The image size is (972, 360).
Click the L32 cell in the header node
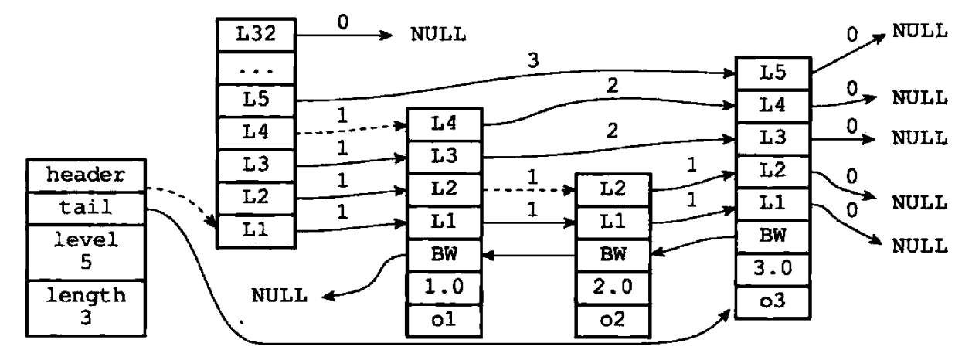coord(256,35)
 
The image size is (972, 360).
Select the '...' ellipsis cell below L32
coord(256,68)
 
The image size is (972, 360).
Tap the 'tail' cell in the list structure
coord(86,208)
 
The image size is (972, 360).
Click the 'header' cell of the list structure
coord(86,175)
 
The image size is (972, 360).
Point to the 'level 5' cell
coord(86,252)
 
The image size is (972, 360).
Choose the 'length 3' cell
coord(86,307)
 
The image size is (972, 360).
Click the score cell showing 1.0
coord(444,288)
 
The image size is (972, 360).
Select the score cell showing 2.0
coord(613,288)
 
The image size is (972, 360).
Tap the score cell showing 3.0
coord(773,270)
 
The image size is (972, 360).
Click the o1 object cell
coord(444,321)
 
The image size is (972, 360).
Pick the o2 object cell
coord(613,321)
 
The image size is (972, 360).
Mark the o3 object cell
coord(773,302)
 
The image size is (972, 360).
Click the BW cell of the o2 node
coord(613,255)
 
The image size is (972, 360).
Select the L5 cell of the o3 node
coord(773,73)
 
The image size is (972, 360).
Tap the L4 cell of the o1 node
coord(444,124)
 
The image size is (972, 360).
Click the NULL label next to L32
coord(438,34)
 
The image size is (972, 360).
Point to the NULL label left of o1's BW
coord(280,296)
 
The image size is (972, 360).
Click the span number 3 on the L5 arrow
coord(533,60)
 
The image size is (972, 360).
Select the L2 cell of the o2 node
coord(613,189)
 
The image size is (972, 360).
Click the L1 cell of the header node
coord(256,231)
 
